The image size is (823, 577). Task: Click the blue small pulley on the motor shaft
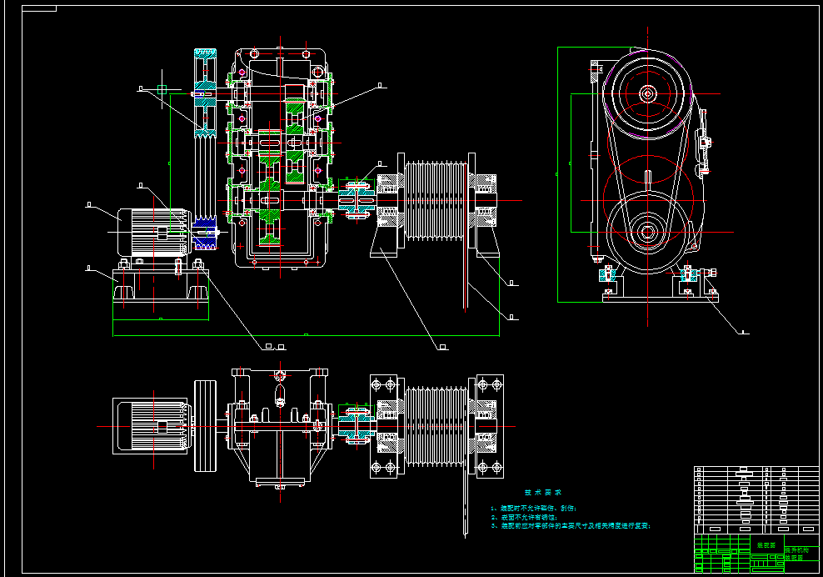click(205, 233)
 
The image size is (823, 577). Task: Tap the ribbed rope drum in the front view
click(434, 200)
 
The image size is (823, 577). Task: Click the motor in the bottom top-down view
click(150, 425)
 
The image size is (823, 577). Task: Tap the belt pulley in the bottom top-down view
click(206, 425)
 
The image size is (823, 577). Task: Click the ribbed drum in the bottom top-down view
click(436, 425)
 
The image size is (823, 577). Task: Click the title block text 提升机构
click(797, 549)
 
